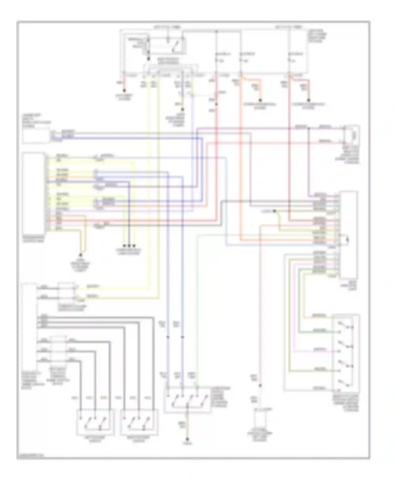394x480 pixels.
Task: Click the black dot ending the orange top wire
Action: point(260,100)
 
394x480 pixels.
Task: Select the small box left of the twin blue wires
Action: point(36,135)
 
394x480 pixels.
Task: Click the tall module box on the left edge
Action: point(34,192)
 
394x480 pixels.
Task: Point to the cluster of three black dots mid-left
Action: point(129,246)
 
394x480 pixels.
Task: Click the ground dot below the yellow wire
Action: point(187,439)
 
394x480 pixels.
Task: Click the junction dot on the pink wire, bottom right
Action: point(260,385)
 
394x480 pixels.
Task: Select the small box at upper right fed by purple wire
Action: point(352,135)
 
